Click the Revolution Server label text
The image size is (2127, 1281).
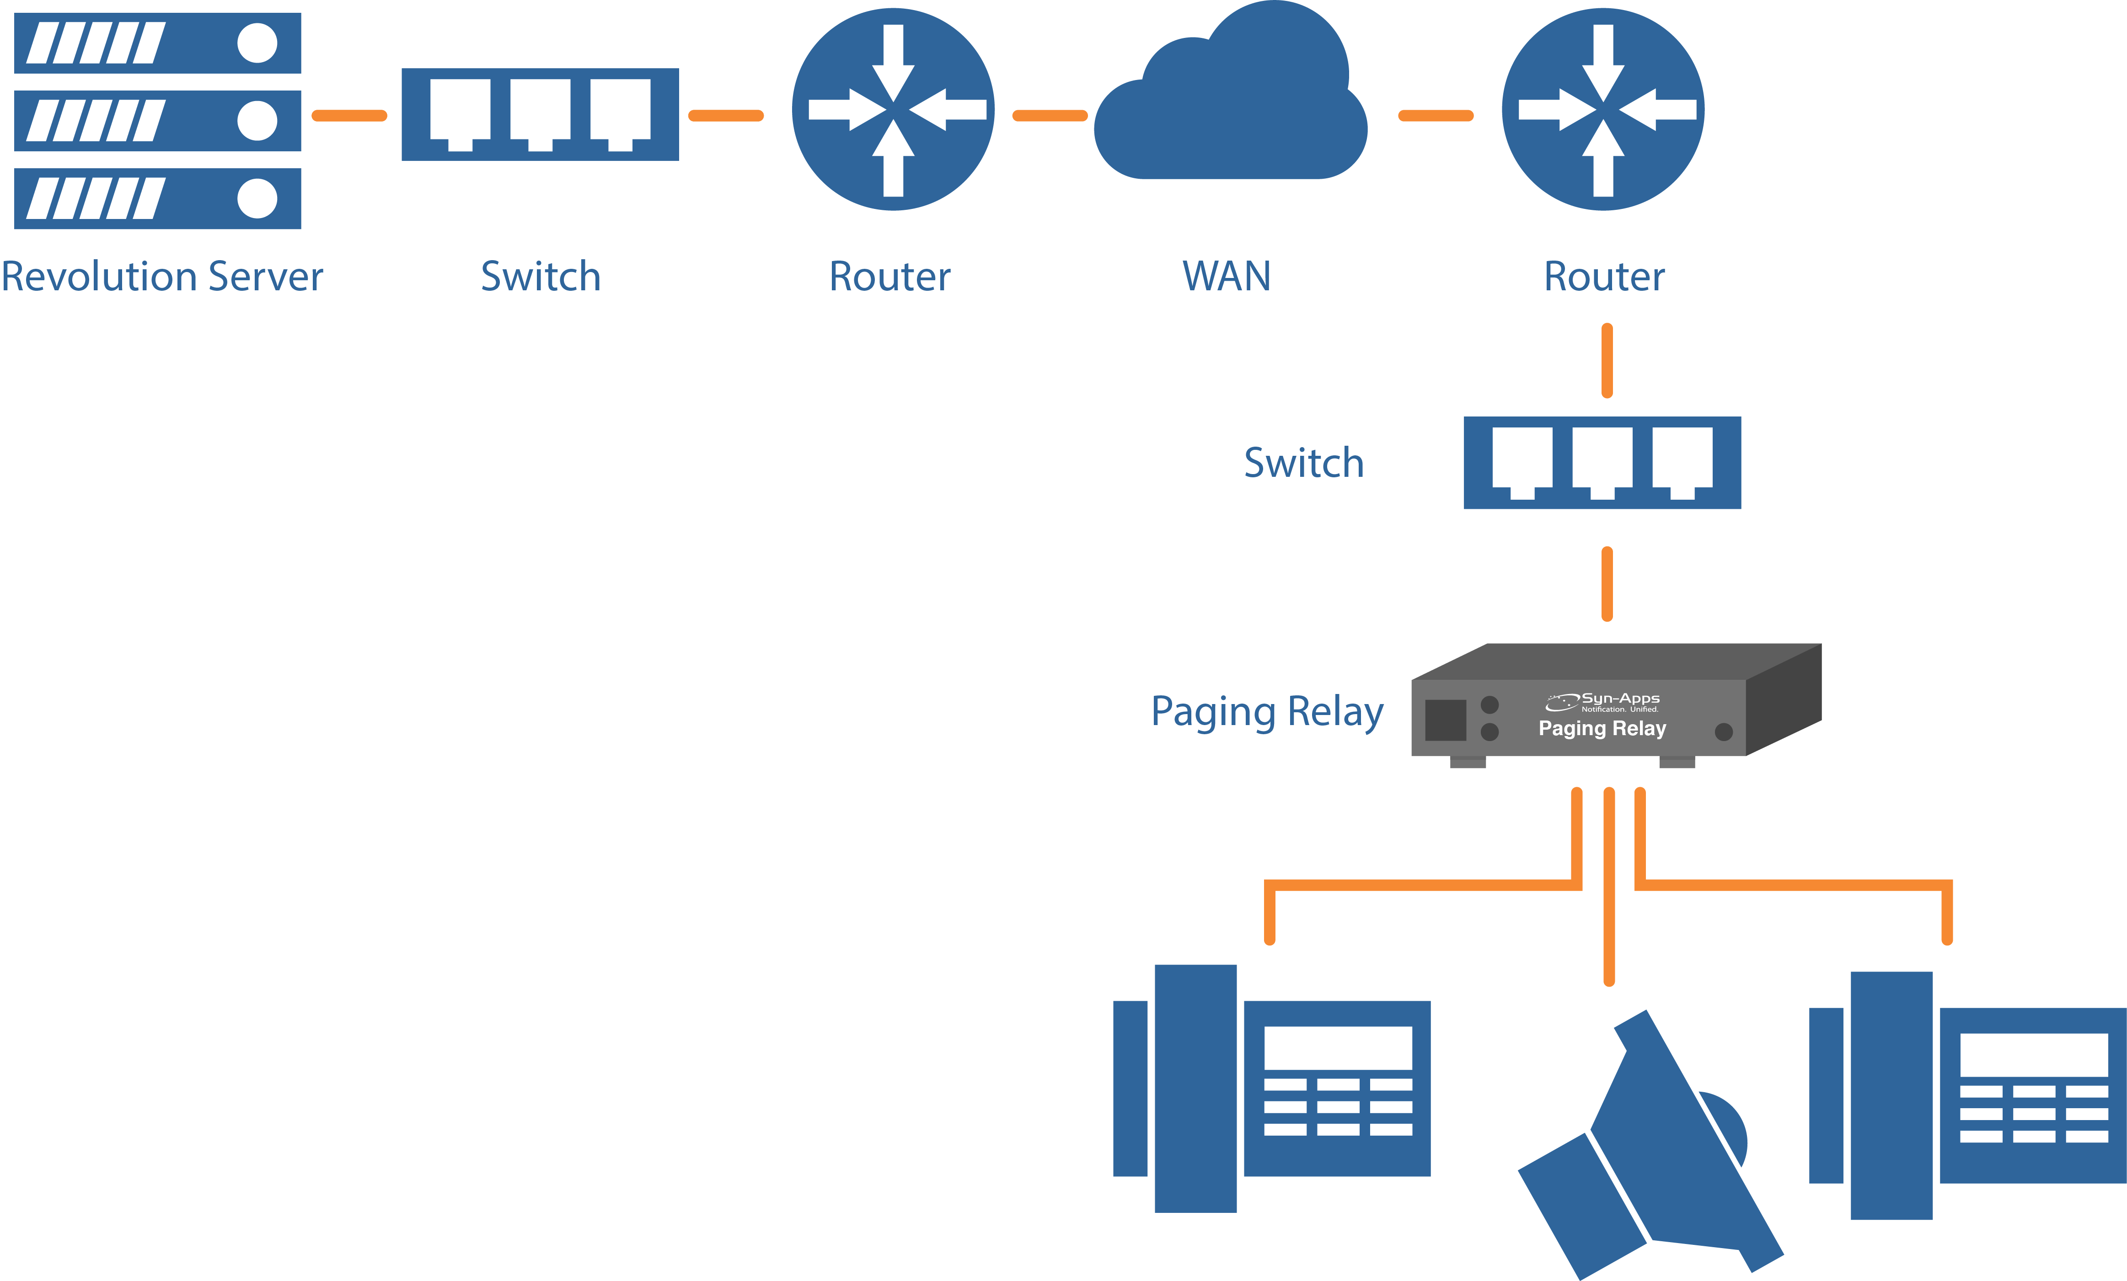coord(162,277)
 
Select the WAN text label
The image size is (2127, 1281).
coord(1226,277)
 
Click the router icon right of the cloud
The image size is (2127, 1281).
coord(1603,110)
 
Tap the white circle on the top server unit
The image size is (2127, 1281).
coord(257,43)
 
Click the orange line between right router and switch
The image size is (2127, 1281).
coord(1607,361)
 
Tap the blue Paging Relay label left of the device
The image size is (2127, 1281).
coord(1267,712)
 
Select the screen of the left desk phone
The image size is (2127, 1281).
coord(1338,1047)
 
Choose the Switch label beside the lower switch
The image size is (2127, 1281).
coord(1303,464)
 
